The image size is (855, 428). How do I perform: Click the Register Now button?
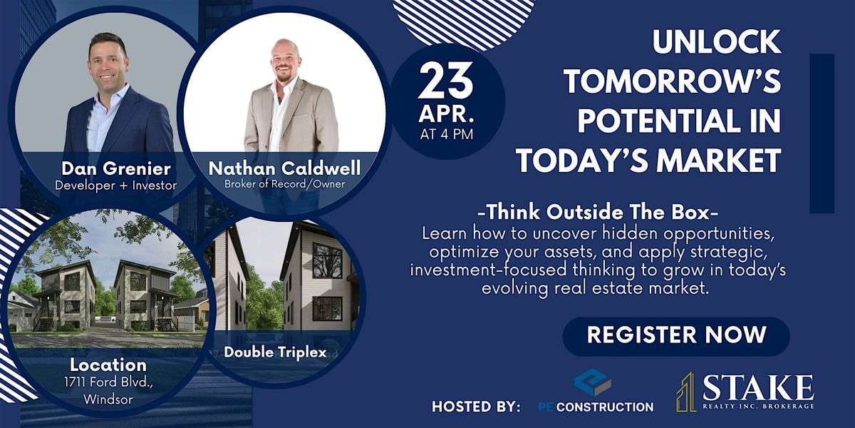(x=676, y=335)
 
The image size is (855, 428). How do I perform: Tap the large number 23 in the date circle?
(x=446, y=81)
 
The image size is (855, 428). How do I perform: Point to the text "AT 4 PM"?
(x=447, y=135)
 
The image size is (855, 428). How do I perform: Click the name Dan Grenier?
(x=115, y=168)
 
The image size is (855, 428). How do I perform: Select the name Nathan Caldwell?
(x=284, y=168)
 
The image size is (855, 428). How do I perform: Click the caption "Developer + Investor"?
(x=115, y=185)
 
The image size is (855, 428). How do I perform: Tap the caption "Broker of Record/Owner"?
(x=284, y=184)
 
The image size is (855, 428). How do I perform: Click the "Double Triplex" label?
(x=275, y=352)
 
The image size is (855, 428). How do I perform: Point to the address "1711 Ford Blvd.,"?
(x=109, y=382)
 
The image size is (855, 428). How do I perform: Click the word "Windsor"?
(x=108, y=399)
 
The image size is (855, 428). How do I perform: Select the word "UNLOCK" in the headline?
(x=717, y=42)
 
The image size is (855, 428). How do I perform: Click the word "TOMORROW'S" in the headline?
(x=672, y=81)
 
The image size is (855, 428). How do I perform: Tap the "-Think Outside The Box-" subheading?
(x=598, y=213)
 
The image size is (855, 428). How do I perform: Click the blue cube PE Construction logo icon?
(x=593, y=382)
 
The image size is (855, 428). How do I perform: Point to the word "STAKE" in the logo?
(x=758, y=388)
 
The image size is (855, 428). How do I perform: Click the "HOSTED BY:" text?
(x=476, y=407)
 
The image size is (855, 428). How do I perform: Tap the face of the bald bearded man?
(x=285, y=62)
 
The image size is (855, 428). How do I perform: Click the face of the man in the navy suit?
(x=108, y=63)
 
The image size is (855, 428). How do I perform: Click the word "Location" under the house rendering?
(x=108, y=365)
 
